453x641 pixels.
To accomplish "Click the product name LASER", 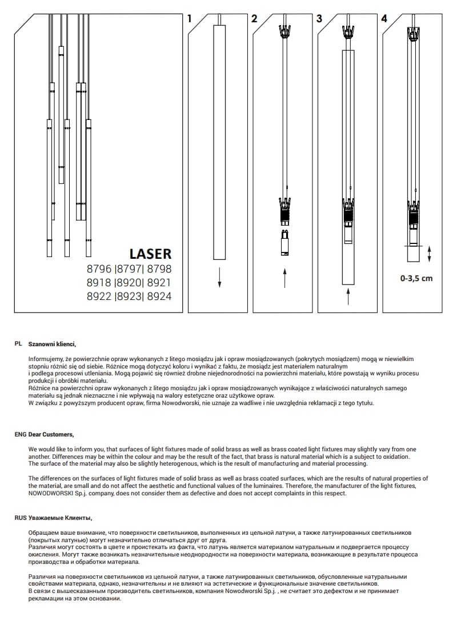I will (150, 253).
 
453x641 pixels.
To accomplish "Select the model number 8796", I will (99, 269).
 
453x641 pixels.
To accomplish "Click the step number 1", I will (190, 19).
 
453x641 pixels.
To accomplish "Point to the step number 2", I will (254, 19).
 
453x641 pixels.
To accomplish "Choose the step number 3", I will (319, 19).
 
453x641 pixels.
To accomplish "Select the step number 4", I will (384, 19).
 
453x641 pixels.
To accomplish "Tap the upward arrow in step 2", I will (284, 278).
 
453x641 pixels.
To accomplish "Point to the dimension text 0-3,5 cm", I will (416, 279).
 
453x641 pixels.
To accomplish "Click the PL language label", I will (18, 344).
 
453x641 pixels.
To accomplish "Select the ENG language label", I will (21, 434).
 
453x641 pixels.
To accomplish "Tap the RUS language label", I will (21, 518).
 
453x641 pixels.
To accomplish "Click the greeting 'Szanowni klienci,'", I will (52, 344).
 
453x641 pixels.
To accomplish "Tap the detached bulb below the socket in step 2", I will (284, 243).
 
